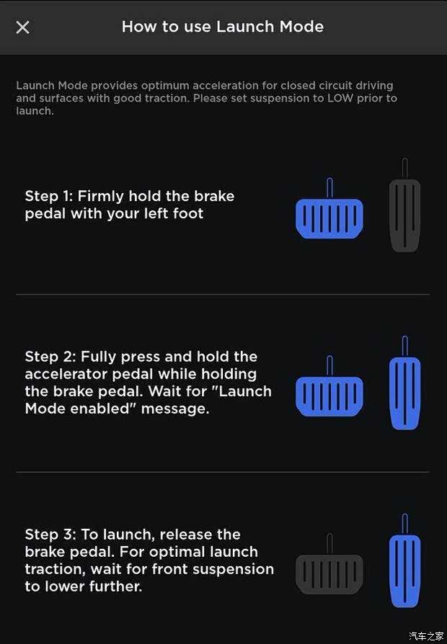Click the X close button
point(22,27)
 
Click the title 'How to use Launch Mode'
point(223,27)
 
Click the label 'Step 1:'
point(49,197)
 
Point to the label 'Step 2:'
point(50,357)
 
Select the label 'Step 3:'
point(50,535)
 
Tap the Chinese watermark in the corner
point(426,636)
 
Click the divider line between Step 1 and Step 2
point(223,294)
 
